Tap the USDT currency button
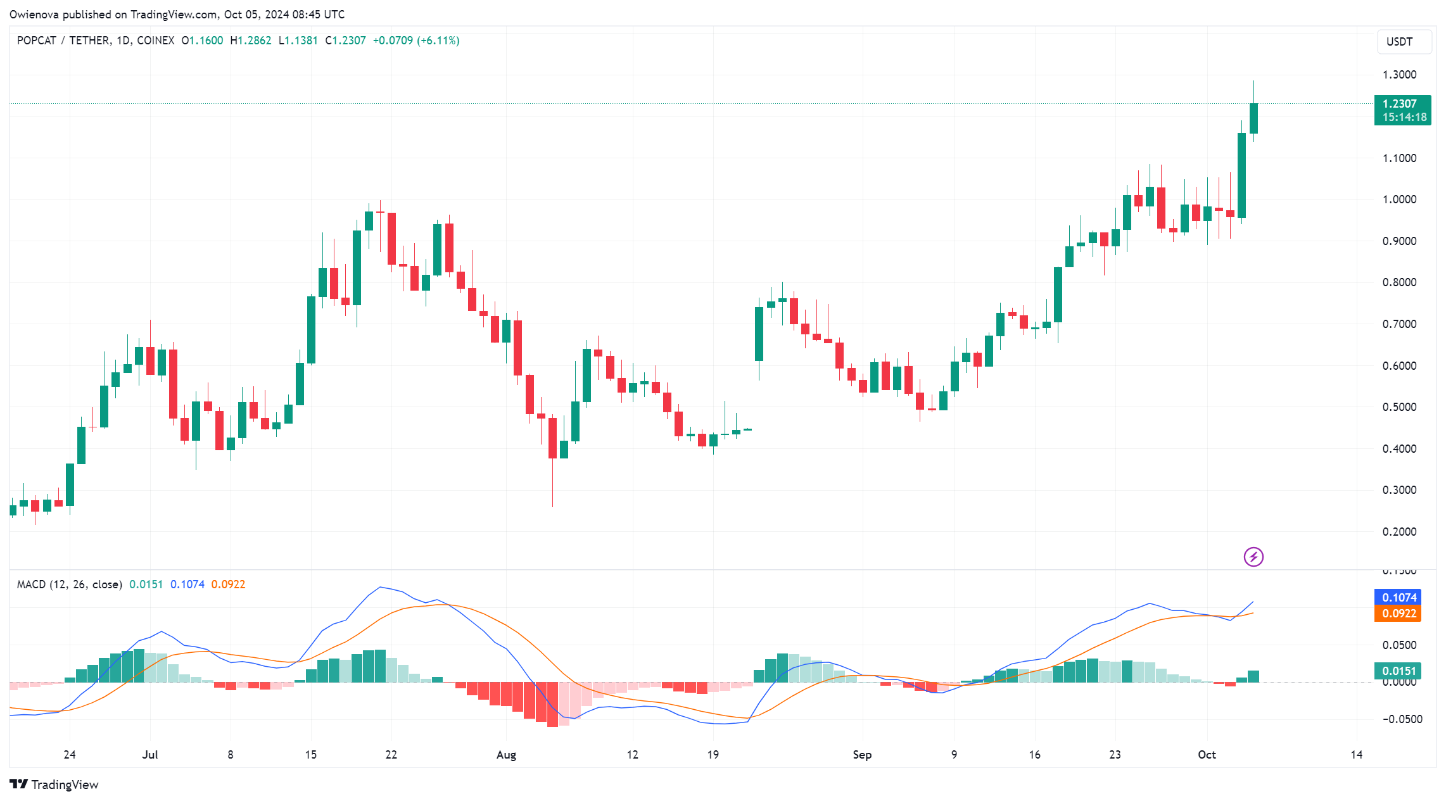tap(1403, 42)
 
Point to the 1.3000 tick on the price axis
tap(1399, 75)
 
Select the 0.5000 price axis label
tap(1399, 407)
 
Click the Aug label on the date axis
tap(506, 754)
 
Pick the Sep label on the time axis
tap(862, 754)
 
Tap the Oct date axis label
tap(1207, 754)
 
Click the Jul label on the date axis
tap(150, 754)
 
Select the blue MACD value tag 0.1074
tap(1398, 597)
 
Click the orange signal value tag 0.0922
tap(1398, 613)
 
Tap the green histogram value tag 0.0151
tap(1398, 671)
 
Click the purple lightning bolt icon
tap(1253, 557)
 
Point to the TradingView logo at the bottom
tap(54, 785)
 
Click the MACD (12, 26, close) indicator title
tap(70, 584)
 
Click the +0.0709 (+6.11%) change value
tap(416, 41)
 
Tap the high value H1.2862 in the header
tap(251, 41)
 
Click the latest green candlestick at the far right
tap(1253, 118)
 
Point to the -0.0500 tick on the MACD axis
tap(1402, 719)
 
